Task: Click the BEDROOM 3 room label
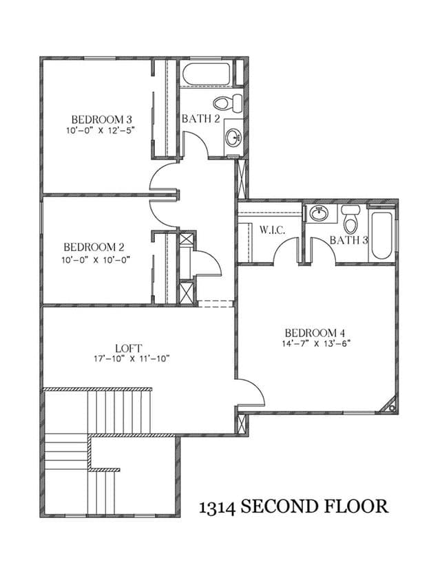(101, 119)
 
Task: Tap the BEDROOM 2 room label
(94, 247)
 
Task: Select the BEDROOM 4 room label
(315, 332)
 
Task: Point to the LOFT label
(129, 348)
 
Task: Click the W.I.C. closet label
(272, 230)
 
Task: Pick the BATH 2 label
(201, 118)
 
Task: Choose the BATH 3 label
(349, 240)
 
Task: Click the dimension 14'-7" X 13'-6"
(315, 343)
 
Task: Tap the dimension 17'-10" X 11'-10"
(132, 359)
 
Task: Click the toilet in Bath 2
(228, 103)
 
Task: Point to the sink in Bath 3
(319, 213)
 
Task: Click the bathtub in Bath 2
(206, 74)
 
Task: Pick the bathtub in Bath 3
(381, 235)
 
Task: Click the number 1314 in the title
(218, 506)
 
